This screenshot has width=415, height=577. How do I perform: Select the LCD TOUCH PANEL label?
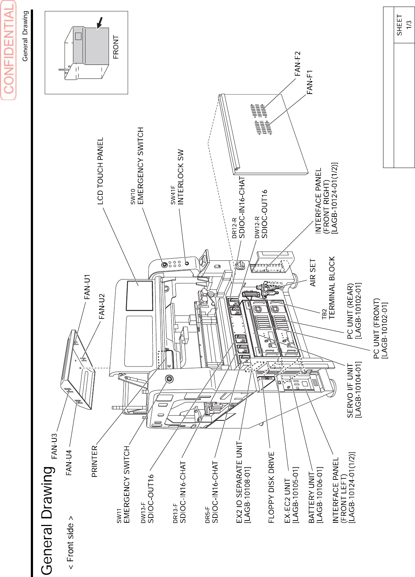100,171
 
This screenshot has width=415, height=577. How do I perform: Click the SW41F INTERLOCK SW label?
177,177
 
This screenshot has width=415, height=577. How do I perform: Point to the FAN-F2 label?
297,64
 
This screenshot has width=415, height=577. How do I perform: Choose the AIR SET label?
313,273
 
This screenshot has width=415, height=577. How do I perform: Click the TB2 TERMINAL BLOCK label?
328,288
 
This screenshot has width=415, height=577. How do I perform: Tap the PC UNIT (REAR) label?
354,311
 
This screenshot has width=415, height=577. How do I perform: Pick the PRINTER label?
95,461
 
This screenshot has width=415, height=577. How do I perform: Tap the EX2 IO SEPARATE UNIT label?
243,482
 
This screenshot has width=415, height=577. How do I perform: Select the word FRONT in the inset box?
116,47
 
